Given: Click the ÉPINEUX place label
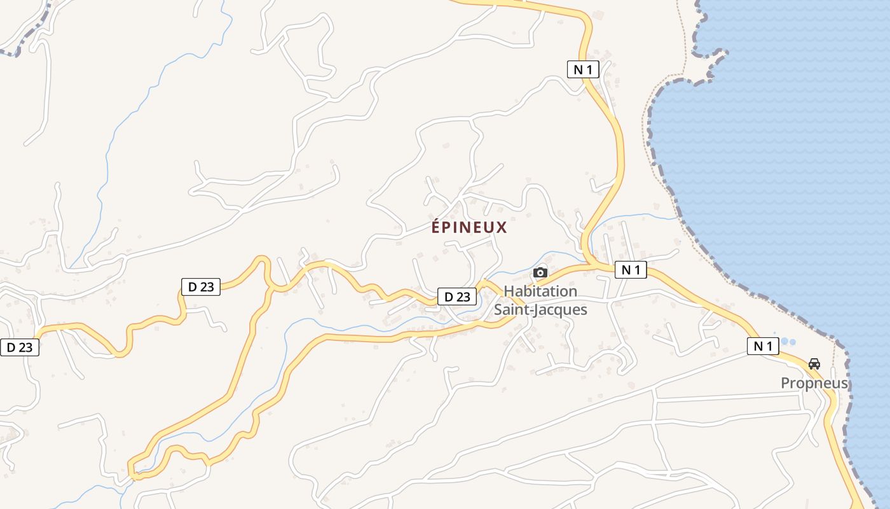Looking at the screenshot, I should click(x=469, y=227).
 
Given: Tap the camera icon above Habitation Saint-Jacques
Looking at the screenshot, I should click(x=540, y=272).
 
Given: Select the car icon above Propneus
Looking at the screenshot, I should click(x=814, y=364).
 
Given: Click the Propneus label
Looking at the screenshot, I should click(x=814, y=383).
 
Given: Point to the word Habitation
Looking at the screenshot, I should click(x=540, y=291).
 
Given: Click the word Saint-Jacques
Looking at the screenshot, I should click(x=540, y=310).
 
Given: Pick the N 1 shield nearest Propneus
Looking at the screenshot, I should click(x=763, y=346).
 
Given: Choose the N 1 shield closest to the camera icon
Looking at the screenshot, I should click(x=631, y=270).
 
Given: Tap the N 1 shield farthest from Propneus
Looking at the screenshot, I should click(x=583, y=69).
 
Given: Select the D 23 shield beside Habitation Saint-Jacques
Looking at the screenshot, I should click(x=457, y=296).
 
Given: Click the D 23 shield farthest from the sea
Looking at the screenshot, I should click(x=20, y=347).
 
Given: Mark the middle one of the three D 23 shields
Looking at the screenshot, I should click(x=201, y=287).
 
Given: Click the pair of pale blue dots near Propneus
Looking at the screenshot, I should click(x=788, y=341).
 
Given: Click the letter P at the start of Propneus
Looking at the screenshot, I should click(x=786, y=383).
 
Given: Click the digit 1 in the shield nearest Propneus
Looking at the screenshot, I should click(x=771, y=346).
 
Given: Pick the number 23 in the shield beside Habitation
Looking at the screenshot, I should click(x=464, y=296).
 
